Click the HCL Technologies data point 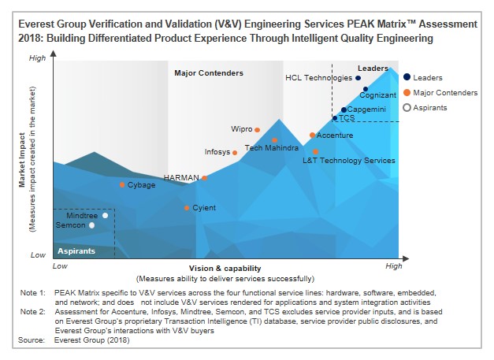(x=358, y=78)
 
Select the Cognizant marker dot (x=365, y=90)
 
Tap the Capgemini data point (x=344, y=109)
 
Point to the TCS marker (x=335, y=118)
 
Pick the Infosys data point (x=235, y=152)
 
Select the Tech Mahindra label (x=271, y=147)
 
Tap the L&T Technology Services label (x=348, y=160)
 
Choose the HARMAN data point (x=204, y=178)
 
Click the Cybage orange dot (x=122, y=185)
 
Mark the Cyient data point (x=186, y=208)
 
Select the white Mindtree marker (x=105, y=215)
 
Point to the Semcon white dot (x=91, y=225)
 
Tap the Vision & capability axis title (x=225, y=269)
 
